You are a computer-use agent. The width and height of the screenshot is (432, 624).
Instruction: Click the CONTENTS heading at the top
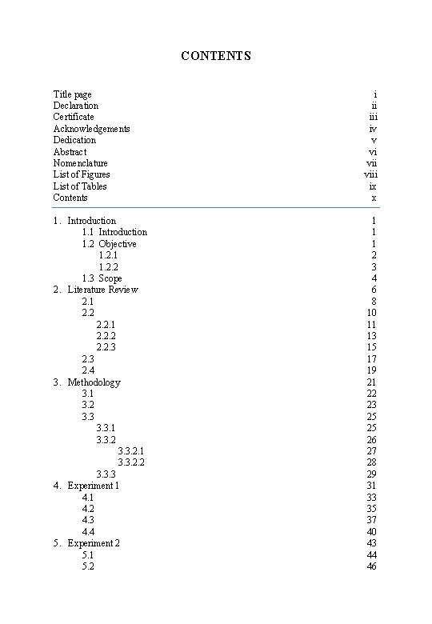pos(216,56)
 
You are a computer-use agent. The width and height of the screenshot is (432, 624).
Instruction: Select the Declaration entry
pos(76,106)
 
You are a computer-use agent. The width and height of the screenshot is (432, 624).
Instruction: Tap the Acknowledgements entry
pos(91,129)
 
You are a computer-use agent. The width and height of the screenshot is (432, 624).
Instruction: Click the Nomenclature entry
pos(80,163)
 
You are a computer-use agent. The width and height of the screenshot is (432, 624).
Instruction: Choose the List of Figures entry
pos(82,174)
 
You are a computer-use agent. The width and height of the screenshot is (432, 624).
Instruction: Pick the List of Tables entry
pos(80,186)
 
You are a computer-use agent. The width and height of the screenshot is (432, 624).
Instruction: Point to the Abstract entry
pos(70,152)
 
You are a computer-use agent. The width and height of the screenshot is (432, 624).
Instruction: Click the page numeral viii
pos(370,174)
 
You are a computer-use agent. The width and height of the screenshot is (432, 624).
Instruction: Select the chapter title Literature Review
pos(102,290)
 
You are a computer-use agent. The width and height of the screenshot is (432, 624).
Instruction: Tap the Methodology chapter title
pos(94,382)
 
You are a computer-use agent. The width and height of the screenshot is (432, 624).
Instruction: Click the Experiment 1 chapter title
pos(93,486)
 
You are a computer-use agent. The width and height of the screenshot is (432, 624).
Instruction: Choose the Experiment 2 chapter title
pos(93,543)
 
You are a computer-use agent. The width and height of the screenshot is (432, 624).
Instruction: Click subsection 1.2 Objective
pos(109,244)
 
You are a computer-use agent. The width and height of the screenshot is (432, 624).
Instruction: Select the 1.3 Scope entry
pos(102,278)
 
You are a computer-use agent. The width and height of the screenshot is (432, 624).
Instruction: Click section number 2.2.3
pos(106,347)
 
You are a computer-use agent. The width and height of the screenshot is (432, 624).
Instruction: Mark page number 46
pos(371,566)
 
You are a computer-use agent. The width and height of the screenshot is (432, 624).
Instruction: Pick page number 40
pos(371,532)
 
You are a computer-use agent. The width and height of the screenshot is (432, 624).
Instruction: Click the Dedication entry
pos(74,140)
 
